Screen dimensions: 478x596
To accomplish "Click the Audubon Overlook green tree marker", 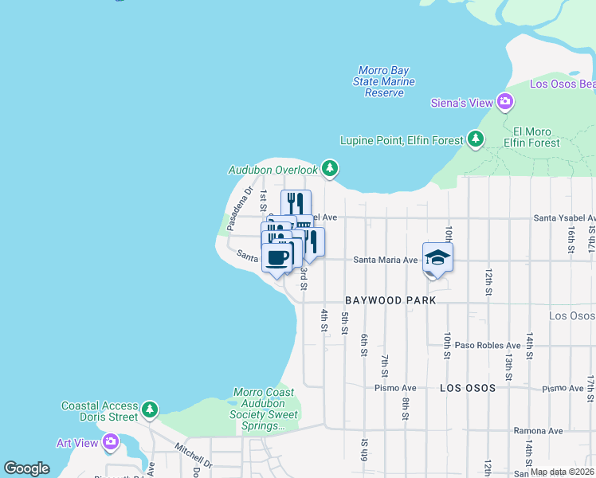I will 330,169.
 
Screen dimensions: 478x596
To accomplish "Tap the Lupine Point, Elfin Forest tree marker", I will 476,140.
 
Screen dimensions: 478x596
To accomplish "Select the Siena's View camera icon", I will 504,101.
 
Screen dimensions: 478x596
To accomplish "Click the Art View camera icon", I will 110,441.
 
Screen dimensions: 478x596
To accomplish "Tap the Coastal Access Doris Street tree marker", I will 150,411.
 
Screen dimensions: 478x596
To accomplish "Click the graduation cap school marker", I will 437,257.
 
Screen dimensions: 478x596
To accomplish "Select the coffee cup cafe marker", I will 277,258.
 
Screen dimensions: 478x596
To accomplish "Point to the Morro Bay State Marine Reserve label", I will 385,82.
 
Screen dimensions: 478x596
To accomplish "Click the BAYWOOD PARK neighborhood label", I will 390,300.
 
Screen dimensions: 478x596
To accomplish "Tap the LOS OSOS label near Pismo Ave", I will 468,388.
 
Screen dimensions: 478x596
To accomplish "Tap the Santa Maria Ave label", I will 386,260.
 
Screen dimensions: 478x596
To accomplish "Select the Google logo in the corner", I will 26,468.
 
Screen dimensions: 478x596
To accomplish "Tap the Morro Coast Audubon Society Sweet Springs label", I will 264,409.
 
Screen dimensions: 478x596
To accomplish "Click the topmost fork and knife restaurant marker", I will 296,202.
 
